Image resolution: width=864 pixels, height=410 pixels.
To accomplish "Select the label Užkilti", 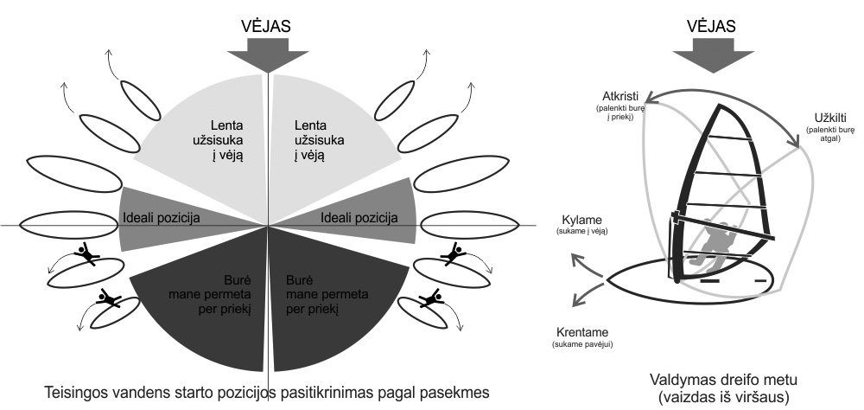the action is click(830, 119).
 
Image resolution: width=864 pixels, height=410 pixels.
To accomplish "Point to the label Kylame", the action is click(581, 220).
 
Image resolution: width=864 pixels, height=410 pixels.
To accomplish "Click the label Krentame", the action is click(581, 333).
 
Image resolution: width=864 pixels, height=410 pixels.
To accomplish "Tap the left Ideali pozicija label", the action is click(161, 218).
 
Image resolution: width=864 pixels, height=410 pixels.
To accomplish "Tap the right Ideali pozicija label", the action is click(359, 218).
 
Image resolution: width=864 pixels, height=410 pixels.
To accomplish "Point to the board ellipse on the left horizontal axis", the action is click(70, 226).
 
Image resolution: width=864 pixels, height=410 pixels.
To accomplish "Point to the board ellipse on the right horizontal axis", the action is click(470, 225).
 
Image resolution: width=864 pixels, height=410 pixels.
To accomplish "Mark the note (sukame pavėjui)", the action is click(581, 344).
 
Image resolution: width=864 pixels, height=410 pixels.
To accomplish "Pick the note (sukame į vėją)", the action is click(581, 232).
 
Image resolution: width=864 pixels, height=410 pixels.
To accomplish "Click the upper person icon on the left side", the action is click(86, 253).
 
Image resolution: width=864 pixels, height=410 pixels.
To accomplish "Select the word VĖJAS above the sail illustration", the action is click(713, 27).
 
